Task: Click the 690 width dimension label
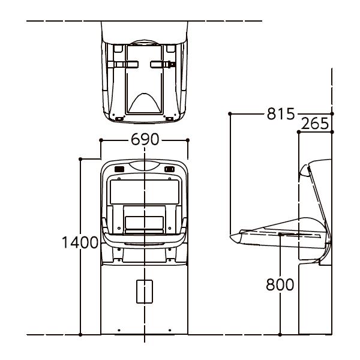pos(145,139)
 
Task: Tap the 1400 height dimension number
pos(80,242)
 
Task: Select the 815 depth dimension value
pos(281,113)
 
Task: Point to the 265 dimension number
pos(314,124)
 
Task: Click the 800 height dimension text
pos(280,284)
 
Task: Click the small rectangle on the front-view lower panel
pos(145,292)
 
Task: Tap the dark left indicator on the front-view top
pos(119,169)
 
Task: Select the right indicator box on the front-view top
pos(169,169)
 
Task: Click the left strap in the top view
pos(123,65)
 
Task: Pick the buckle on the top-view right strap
pos(172,65)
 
